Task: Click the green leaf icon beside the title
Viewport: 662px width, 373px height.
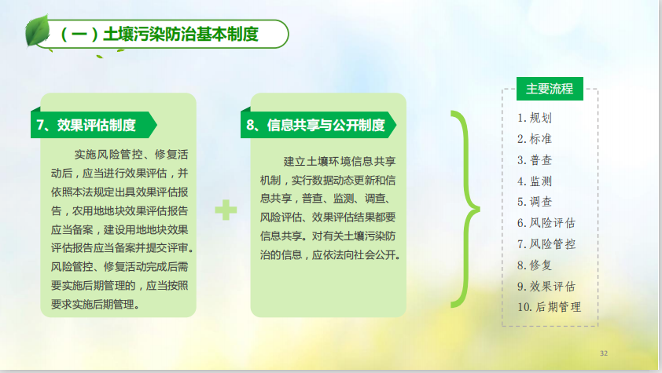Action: coord(38,31)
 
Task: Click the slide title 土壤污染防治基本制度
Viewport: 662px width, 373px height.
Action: coord(181,34)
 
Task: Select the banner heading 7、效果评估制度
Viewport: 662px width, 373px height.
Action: coord(86,125)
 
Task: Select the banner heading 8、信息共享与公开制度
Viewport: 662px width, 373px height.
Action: coord(316,125)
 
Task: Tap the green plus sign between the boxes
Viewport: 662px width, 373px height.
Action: coord(226,210)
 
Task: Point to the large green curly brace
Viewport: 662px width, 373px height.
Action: coord(465,209)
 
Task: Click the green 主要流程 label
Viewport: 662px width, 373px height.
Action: coord(550,89)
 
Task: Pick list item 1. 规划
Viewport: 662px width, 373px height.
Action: coord(535,118)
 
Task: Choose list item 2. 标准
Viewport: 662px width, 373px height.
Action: coord(535,139)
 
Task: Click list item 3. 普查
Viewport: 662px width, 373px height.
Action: coord(535,160)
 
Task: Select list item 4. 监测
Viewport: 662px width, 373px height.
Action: coord(535,181)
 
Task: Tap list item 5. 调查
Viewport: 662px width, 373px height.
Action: coord(535,202)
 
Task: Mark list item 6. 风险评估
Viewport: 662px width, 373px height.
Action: coord(546,223)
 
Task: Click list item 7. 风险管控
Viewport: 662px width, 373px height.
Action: coord(546,244)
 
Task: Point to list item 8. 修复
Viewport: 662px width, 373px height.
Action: coord(535,265)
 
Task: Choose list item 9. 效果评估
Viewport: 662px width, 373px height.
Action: coord(546,287)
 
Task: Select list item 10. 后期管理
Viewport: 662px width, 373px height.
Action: coord(550,307)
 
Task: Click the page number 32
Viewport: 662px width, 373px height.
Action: coord(604,353)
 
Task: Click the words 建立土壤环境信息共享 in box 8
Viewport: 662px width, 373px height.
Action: coord(340,162)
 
